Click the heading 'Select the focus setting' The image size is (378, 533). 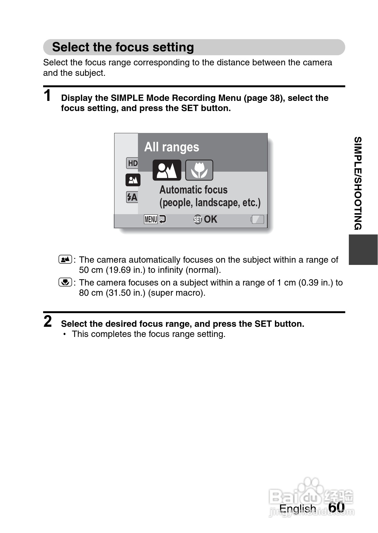(x=123, y=47)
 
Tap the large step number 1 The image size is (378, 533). (x=48, y=95)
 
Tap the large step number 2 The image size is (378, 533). (x=48, y=321)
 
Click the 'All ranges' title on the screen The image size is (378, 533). (x=172, y=147)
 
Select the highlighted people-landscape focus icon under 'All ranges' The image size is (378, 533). (x=167, y=170)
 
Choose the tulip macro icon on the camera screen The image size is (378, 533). (x=199, y=170)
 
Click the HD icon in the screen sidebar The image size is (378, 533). (x=132, y=163)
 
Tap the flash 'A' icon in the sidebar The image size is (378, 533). (x=132, y=197)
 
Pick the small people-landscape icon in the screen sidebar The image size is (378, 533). (x=133, y=180)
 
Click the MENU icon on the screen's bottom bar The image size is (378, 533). (x=151, y=219)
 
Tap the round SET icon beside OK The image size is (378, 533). (x=198, y=219)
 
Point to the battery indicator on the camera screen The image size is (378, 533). (x=257, y=219)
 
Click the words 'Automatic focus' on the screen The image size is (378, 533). (x=193, y=190)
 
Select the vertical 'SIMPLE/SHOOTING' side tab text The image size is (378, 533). (x=358, y=183)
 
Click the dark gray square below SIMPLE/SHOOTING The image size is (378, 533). (x=363, y=249)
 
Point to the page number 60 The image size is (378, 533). (x=336, y=507)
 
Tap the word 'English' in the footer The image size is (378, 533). (x=297, y=509)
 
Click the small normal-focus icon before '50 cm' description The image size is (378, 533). (x=65, y=260)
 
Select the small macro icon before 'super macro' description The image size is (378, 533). (x=65, y=282)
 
